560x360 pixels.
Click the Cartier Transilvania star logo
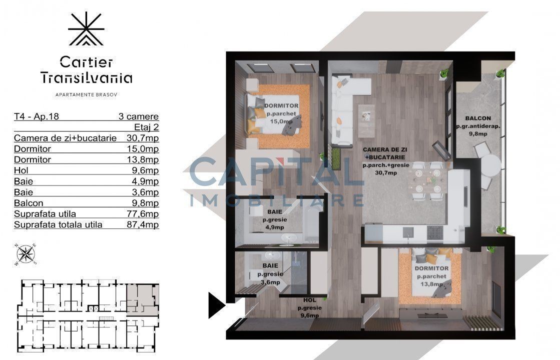pos(86,29)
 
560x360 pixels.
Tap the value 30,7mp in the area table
pos(143,138)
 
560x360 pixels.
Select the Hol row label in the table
pos(21,170)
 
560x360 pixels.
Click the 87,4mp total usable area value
pos(143,225)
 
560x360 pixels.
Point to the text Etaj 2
pos(147,127)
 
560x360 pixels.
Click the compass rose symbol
pos(26,254)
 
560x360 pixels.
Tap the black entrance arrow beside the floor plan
pos(216,305)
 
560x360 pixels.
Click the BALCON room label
pos(478,118)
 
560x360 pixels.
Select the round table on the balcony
pos(491,164)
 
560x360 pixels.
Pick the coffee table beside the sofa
pos(366,121)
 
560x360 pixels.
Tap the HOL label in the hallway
pos(310,300)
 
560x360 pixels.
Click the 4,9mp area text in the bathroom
pos(275,227)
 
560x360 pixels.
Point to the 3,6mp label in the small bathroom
pos(270,282)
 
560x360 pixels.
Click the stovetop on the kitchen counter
pos(435,232)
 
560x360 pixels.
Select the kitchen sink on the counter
pos(408,232)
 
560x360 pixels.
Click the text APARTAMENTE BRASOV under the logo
pos(87,95)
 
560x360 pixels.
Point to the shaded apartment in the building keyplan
pos(143,299)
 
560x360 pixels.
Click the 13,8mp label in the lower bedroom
pos(431,284)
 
